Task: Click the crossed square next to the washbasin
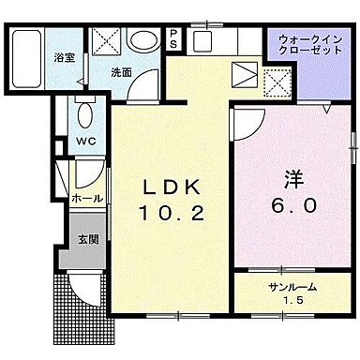[x=106, y=42]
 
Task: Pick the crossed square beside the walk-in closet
[x=276, y=85]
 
